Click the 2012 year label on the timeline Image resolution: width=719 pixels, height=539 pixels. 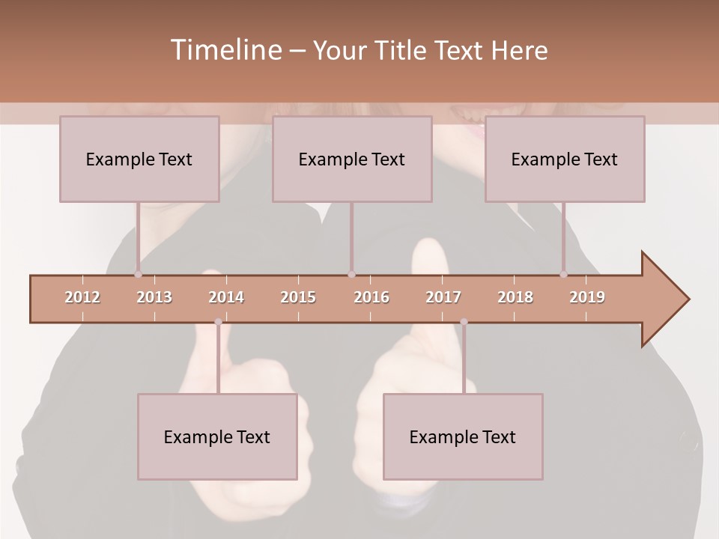82,297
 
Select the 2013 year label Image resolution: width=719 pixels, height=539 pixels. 154,297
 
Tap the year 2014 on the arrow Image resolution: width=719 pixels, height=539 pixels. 226,297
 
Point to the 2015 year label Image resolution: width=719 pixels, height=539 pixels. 298,297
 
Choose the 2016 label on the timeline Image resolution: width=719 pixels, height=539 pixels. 371,297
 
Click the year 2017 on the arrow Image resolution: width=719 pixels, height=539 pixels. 443,297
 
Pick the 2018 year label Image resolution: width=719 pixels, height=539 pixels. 515,297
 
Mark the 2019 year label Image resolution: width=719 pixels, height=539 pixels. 587,297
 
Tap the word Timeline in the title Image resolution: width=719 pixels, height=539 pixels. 225,50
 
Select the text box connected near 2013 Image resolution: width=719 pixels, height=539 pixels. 139,159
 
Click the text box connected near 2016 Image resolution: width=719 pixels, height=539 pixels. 352,159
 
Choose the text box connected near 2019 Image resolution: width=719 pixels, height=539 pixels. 565,159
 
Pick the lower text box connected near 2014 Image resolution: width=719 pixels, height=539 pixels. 217,436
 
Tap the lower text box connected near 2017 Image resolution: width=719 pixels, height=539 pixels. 463,436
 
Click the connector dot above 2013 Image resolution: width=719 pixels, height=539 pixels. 138,274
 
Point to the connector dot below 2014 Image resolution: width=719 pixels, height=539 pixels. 218,322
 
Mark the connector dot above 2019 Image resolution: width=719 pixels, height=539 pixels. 563,274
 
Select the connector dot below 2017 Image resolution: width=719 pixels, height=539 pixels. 464,322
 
